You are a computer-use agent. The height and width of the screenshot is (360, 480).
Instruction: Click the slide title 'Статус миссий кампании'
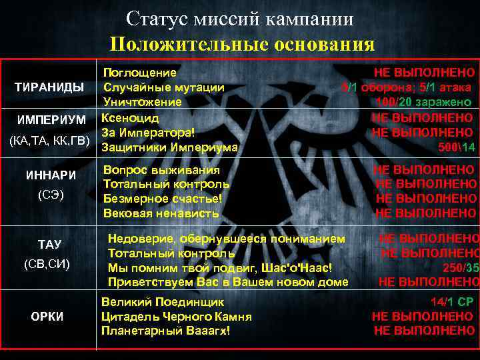coord(239,19)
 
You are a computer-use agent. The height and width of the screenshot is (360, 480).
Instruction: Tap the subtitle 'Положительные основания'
coord(243,44)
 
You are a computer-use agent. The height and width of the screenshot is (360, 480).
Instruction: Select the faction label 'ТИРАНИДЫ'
coord(50,88)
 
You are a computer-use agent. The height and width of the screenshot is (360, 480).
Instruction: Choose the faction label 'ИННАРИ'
coord(51,175)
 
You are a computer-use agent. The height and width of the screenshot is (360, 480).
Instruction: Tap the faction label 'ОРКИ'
coord(47,316)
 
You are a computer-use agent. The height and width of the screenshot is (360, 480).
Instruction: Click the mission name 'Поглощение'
coord(139,72)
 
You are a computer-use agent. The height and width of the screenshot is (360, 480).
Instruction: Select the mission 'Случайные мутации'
coord(163,87)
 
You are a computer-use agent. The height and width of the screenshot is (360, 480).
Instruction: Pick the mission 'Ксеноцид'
coord(130,118)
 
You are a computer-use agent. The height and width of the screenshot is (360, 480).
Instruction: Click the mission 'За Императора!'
coord(147,132)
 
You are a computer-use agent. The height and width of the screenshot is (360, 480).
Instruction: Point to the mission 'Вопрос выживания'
coord(161,169)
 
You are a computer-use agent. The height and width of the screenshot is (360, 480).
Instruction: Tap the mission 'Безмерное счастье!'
coord(162,198)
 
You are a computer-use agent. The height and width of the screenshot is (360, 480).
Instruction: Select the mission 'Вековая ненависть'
coord(161,213)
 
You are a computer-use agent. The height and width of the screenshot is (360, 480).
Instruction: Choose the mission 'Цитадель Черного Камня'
coord(176,316)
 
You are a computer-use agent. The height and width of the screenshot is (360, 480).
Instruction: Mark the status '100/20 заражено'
coord(424,103)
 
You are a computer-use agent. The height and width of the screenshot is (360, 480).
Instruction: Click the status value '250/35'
coord(461,267)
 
